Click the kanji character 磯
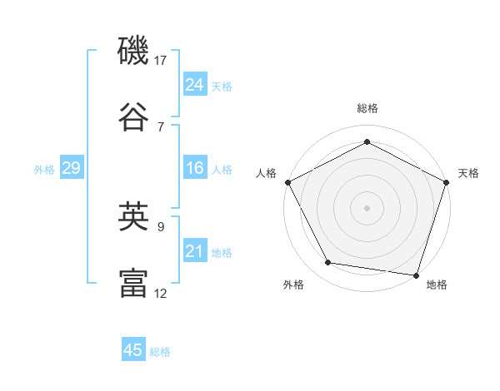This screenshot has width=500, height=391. tap(134, 52)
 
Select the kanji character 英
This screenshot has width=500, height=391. tap(134, 216)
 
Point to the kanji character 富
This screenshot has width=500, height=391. tap(134, 282)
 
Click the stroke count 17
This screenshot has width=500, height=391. tap(161, 61)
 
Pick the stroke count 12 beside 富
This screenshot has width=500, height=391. tap(161, 293)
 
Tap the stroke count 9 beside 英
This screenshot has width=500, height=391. tap(161, 225)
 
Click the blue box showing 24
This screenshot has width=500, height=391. tap(194, 85)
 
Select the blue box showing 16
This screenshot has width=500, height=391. tap(194, 169)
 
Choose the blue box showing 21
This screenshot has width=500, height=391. tap(194, 251)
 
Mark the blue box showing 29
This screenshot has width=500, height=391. tap(71, 169)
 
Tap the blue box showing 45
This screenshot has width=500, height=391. tap(133, 350)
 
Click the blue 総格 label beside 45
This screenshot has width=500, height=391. tap(160, 352)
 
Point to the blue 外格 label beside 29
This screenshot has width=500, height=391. tap(44, 170)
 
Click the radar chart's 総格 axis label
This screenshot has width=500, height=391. tap(367, 108)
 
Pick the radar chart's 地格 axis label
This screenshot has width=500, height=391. tap(437, 285)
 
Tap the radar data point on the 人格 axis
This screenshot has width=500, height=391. tap(287, 181)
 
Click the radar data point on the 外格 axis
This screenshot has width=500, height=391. tap(328, 264)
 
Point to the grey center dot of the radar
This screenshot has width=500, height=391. tap(367, 207)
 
